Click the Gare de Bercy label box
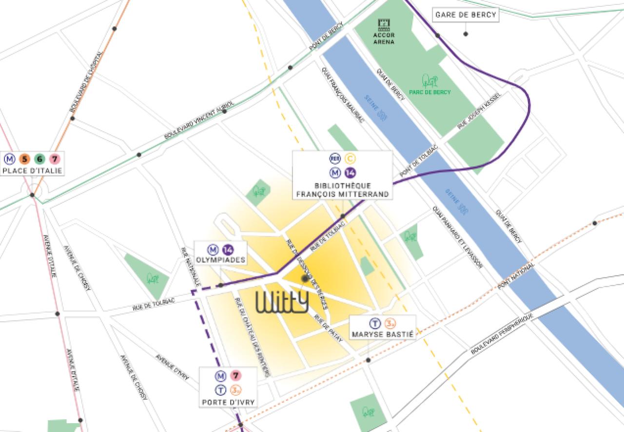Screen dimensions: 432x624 pyautogui.click(x=466, y=15)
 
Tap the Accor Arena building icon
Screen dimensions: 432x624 pyautogui.click(x=384, y=23)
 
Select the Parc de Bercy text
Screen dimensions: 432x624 pyautogui.click(x=430, y=92)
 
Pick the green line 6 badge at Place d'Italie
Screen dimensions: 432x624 pyautogui.click(x=39, y=158)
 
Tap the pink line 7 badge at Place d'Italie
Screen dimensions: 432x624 pyautogui.click(x=55, y=158)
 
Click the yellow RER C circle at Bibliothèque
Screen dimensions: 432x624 pyautogui.click(x=350, y=158)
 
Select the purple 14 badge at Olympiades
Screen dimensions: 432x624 pyautogui.click(x=227, y=249)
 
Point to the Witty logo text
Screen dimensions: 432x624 pyautogui.click(x=282, y=302)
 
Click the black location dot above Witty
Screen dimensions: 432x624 pyautogui.click(x=305, y=278)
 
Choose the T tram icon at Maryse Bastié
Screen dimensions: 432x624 pyautogui.click(x=374, y=323)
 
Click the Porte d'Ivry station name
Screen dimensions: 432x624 pyautogui.click(x=229, y=403)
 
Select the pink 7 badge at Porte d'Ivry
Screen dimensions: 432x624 pyautogui.click(x=236, y=376)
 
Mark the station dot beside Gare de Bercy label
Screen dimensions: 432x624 pyautogui.click(x=466, y=34)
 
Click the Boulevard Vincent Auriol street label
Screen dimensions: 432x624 pyautogui.click(x=199, y=120)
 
